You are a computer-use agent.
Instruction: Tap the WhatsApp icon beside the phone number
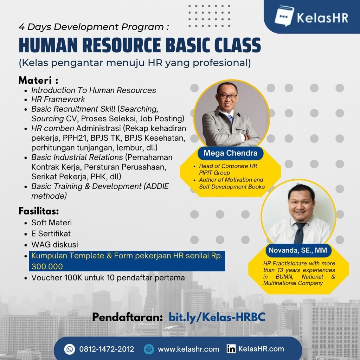pyautogui.click(x=70, y=349)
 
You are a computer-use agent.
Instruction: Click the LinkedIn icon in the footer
pyautogui.click(x=231, y=349)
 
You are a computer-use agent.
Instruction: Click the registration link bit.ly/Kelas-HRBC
pyautogui.click(x=217, y=317)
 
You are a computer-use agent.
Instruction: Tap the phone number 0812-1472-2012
pyautogui.click(x=107, y=349)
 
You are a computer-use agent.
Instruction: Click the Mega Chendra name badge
pyautogui.click(x=230, y=153)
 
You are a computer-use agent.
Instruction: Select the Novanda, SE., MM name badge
pyautogui.click(x=298, y=251)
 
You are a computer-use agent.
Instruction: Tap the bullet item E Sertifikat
pyautogui.click(x=51, y=233)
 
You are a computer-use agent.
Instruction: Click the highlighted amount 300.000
pyautogui.click(x=47, y=266)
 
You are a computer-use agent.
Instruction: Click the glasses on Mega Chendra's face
pyautogui.click(x=227, y=96)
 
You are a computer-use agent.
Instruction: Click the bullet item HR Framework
pyautogui.click(x=58, y=99)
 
